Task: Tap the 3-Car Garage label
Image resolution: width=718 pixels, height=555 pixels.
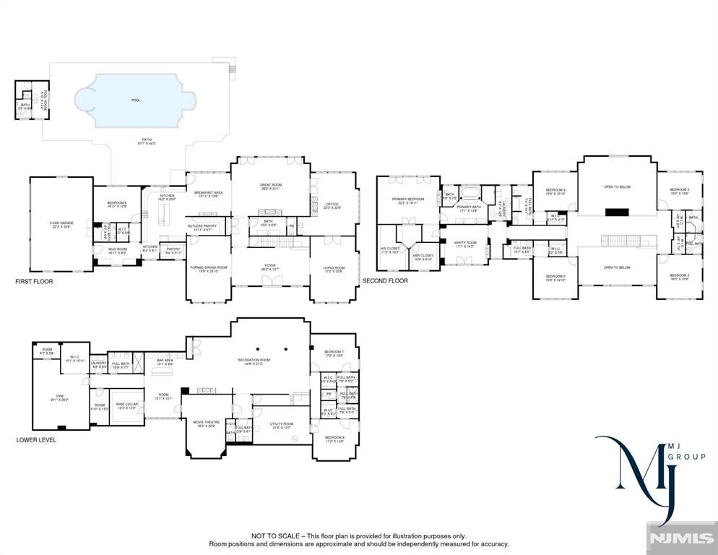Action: [61, 225]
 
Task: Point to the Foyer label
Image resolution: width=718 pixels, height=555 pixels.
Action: [269, 269]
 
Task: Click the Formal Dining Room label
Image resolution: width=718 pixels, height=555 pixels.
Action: [208, 269]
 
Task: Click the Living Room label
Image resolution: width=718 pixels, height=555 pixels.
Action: [333, 269]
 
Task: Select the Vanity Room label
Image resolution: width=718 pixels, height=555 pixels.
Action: [464, 244]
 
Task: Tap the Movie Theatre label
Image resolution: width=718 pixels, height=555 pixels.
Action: [205, 423]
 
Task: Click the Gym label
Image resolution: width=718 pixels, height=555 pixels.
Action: [61, 397]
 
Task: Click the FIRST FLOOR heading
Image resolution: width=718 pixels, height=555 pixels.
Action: [34, 281]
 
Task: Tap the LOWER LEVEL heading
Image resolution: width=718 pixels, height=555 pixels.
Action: [36, 439]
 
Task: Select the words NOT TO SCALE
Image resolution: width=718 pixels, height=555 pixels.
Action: [275, 536]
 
